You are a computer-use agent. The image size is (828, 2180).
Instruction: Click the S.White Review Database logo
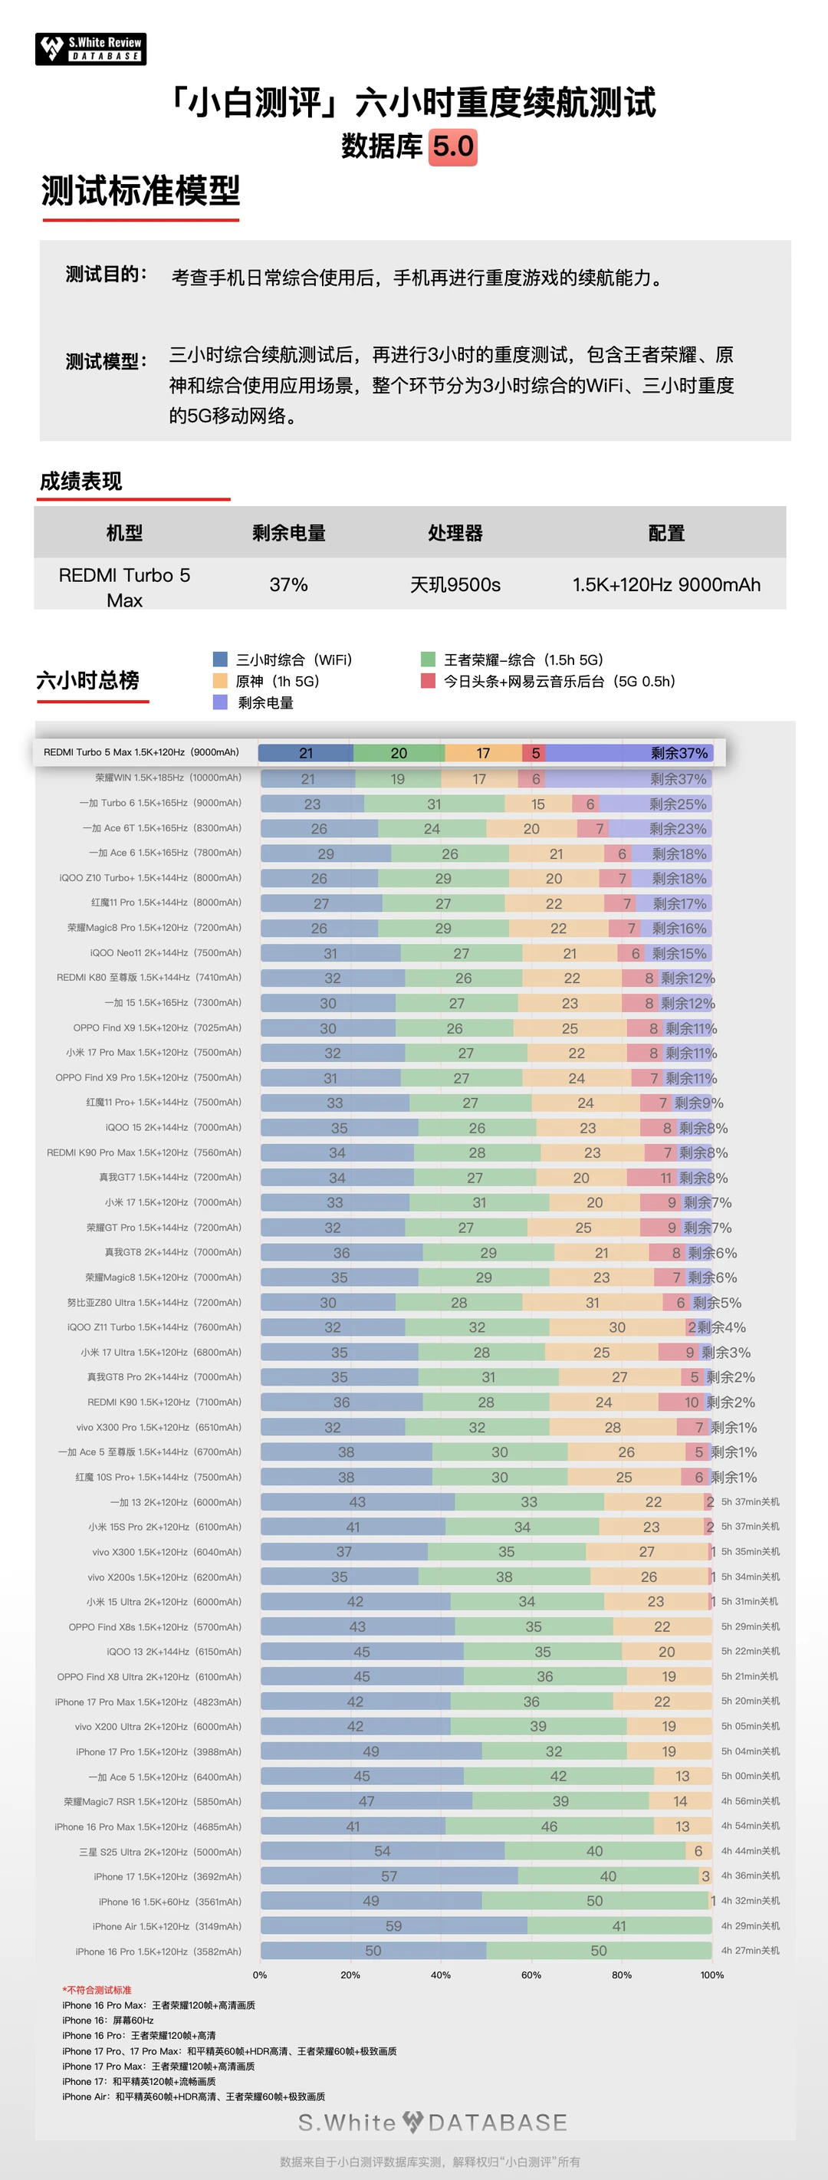[90, 49]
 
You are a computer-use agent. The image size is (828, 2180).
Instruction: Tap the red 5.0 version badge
[453, 146]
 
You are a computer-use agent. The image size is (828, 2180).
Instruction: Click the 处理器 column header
[455, 533]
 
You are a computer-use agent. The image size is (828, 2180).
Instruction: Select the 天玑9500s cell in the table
[455, 585]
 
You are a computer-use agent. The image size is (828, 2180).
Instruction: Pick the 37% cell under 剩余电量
[288, 585]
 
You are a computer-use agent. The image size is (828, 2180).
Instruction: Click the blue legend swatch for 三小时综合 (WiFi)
[221, 659]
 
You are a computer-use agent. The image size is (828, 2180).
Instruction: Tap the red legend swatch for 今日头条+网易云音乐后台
[428, 681]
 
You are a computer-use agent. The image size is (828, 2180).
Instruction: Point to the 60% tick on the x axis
[531, 1975]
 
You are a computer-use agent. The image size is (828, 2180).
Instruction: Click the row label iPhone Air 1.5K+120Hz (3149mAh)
[166, 1926]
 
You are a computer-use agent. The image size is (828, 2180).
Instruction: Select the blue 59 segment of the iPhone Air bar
[393, 1926]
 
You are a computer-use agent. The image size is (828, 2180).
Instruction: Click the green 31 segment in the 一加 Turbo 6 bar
[434, 804]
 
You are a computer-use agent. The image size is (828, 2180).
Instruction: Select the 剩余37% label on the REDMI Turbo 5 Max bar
[679, 753]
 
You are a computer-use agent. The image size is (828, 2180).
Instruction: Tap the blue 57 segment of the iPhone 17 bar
[389, 1876]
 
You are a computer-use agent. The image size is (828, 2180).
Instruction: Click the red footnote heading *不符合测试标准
[97, 1991]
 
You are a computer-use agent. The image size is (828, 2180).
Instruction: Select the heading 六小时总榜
[88, 680]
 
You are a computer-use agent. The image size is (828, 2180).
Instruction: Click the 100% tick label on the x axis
[712, 1975]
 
